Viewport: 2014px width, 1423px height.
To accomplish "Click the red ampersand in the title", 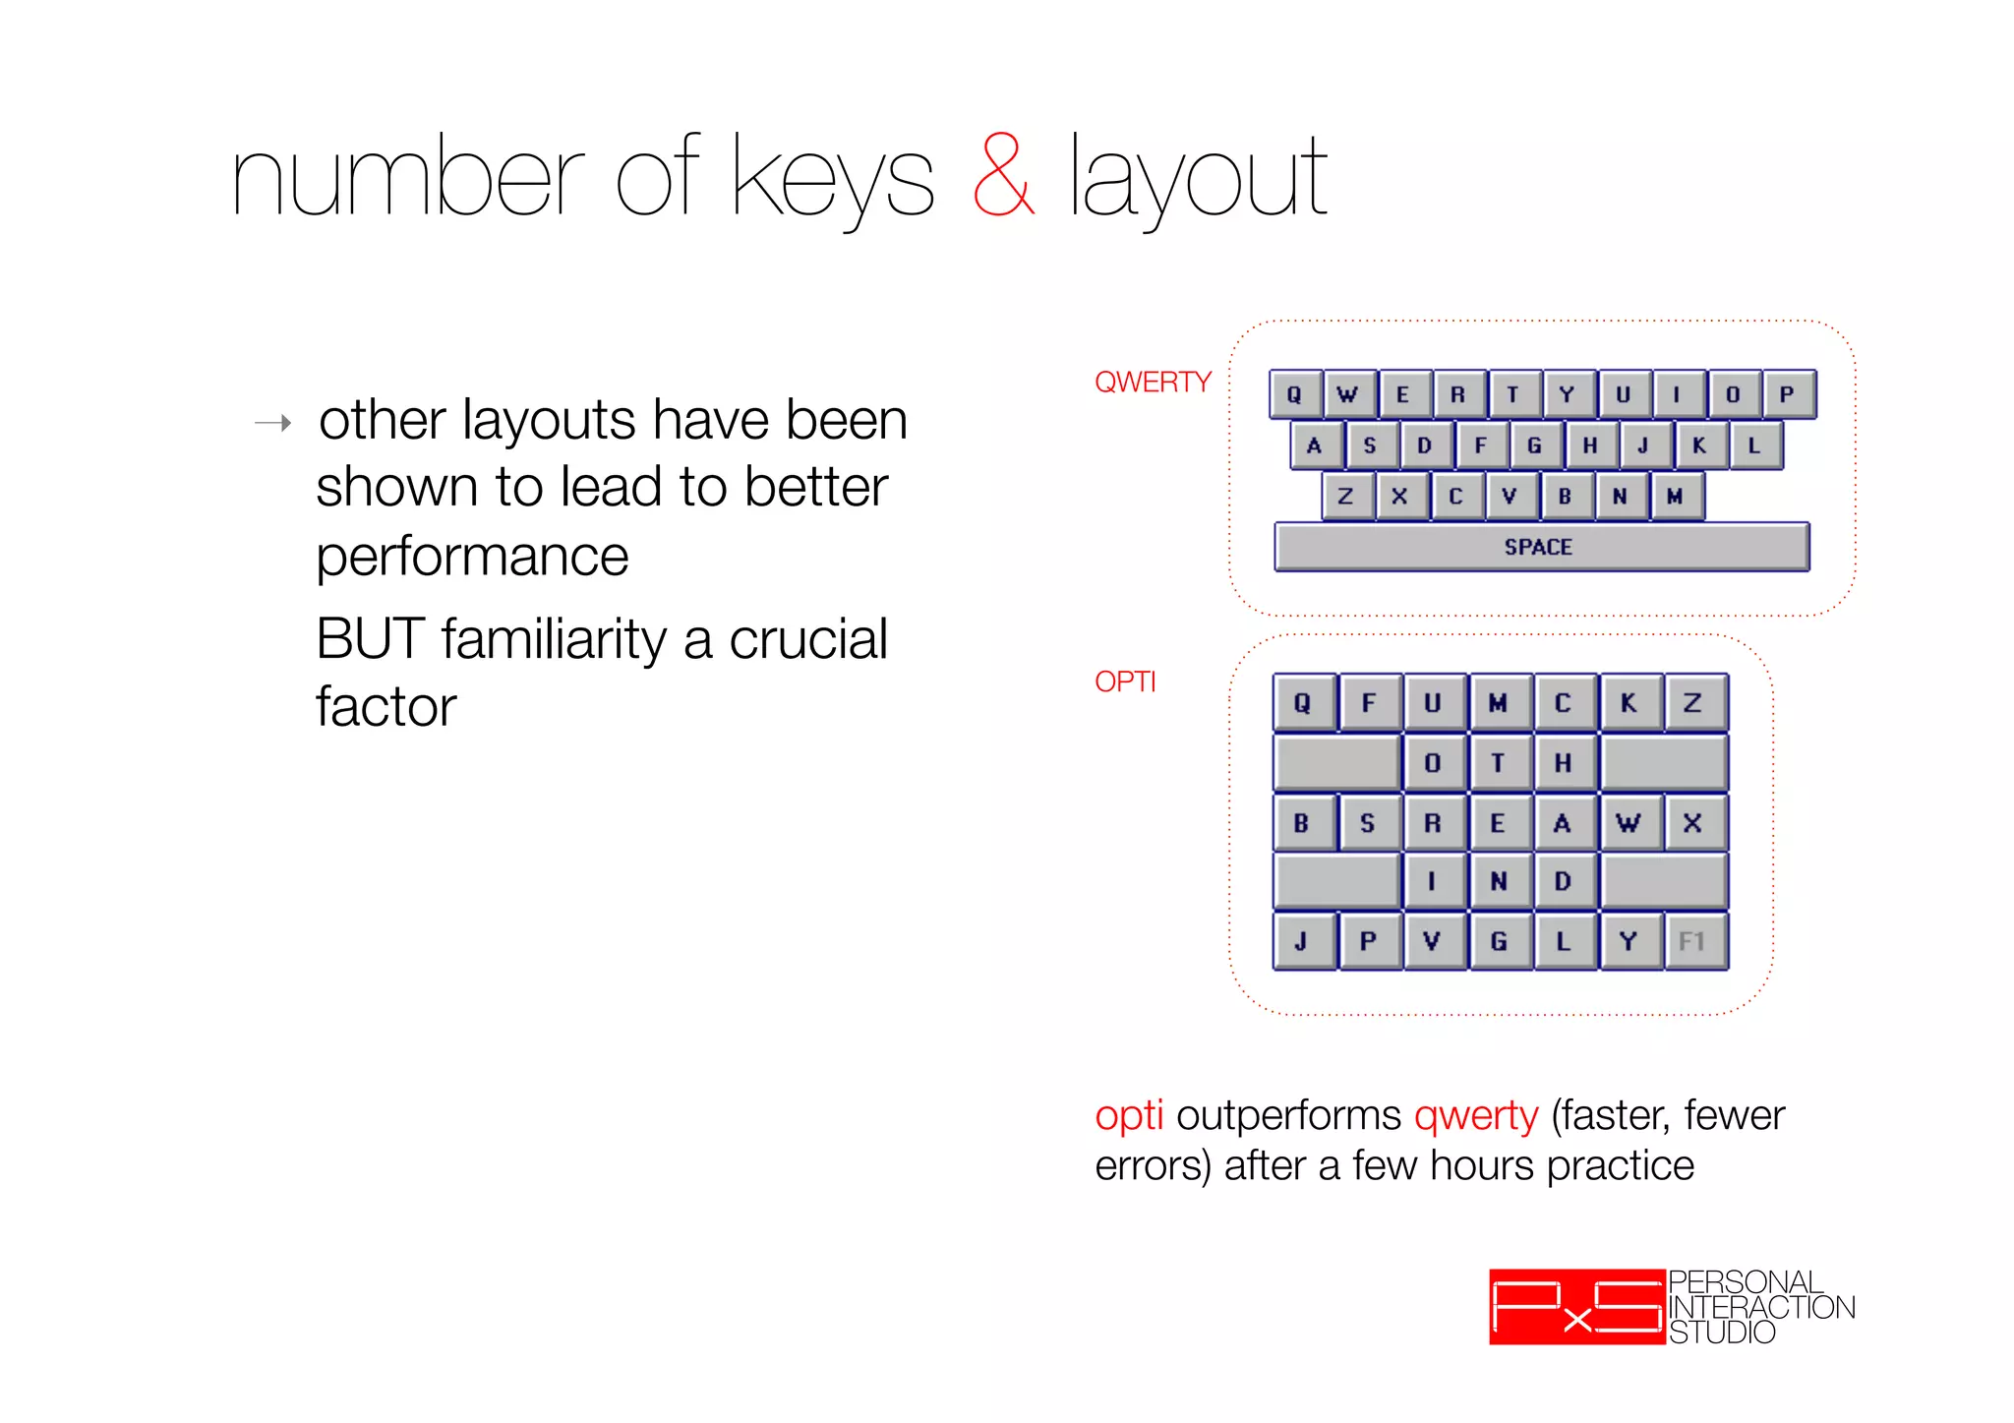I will [x=1003, y=178].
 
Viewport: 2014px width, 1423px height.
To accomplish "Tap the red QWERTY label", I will [x=1153, y=382].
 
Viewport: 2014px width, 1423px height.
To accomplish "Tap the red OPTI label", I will [x=1125, y=682].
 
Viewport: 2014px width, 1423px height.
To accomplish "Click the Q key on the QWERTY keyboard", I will [x=1295, y=394].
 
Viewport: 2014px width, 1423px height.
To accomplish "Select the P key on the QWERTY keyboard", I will [x=1787, y=394].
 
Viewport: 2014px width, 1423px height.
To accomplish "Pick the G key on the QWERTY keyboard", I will [x=1534, y=445].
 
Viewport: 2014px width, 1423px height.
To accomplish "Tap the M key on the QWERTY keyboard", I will [x=1675, y=497].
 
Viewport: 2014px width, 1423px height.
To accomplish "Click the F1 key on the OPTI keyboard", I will [x=1692, y=941].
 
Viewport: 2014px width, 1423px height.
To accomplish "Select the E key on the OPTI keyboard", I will [x=1498, y=823].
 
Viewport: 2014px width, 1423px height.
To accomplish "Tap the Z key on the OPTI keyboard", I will [x=1692, y=703].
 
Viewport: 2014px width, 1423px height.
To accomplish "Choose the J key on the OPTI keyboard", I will [x=1302, y=941].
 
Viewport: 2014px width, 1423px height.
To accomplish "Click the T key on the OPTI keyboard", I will [x=1498, y=763].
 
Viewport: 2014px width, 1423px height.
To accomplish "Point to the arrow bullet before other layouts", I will [x=273, y=424].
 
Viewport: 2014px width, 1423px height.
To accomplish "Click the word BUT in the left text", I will [x=370, y=639].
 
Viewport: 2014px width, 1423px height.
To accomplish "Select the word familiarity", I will [x=554, y=639].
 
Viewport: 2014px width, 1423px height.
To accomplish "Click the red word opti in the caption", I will [x=1129, y=1115].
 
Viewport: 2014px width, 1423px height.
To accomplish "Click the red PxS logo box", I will [x=1576, y=1307].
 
